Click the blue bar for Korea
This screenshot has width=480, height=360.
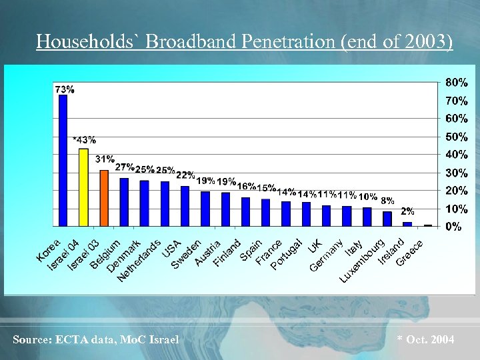click(x=63, y=160)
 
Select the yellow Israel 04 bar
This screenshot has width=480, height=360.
click(x=83, y=187)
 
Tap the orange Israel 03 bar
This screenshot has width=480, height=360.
click(x=104, y=198)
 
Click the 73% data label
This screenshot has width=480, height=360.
click(x=64, y=88)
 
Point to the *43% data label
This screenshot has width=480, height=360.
click(x=84, y=140)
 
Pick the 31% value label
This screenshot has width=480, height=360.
click(x=105, y=159)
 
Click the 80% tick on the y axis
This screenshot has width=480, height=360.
click(x=457, y=83)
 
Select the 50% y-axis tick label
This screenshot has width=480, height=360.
click(x=457, y=137)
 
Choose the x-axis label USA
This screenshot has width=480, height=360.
click(x=171, y=248)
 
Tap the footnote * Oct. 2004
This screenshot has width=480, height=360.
click(x=425, y=340)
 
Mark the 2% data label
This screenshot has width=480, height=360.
click(x=407, y=211)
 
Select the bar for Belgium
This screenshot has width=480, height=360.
click(x=124, y=202)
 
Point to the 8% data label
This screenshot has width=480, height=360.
click(x=387, y=200)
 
